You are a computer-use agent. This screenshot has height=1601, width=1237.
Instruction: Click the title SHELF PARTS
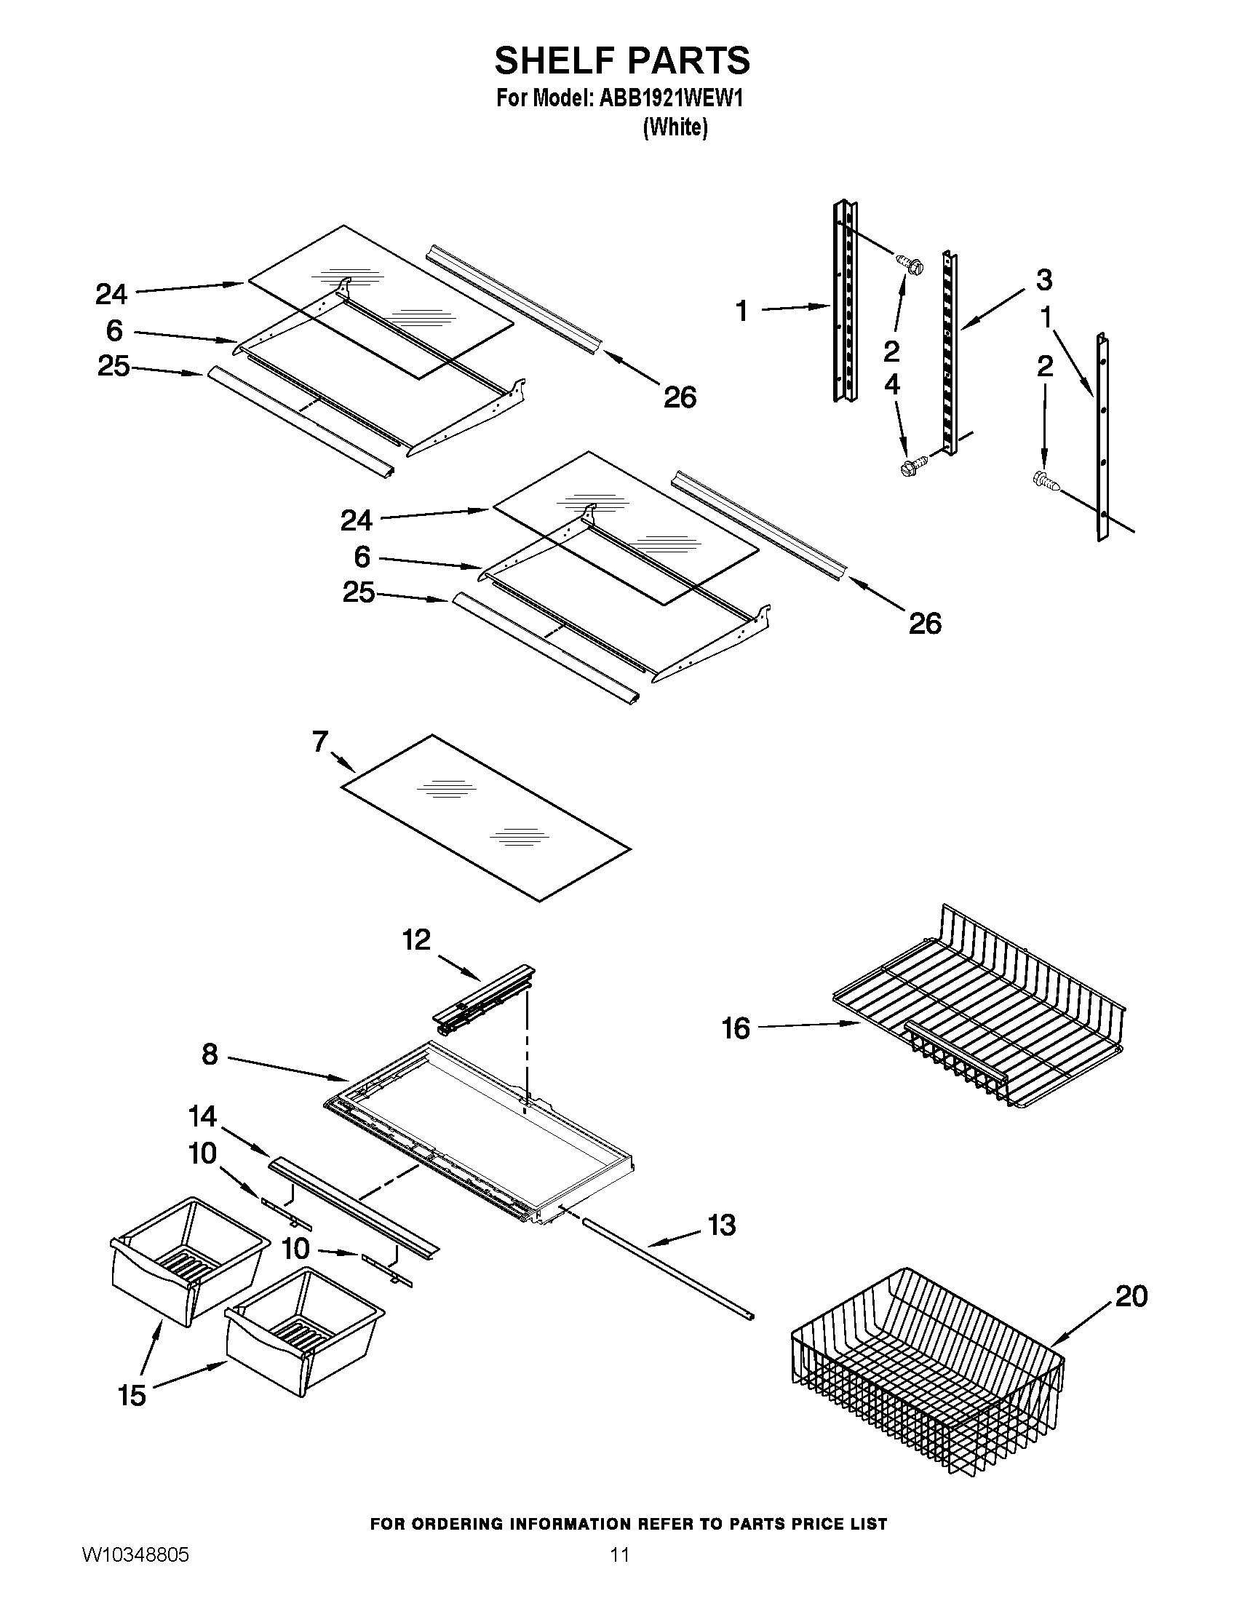tap(621, 60)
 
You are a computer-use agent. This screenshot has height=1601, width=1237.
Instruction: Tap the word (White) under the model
tap(675, 127)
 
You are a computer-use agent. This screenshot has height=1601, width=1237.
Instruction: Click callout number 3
tap(1043, 280)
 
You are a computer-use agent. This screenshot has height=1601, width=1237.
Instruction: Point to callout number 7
tap(320, 742)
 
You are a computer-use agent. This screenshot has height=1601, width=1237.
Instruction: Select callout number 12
tap(416, 939)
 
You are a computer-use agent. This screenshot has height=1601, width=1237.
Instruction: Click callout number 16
tap(736, 1028)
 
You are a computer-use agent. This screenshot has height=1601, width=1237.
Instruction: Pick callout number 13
tap(722, 1225)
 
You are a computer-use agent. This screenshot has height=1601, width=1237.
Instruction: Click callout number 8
tap(210, 1055)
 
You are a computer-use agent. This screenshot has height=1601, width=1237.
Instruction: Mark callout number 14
tap(202, 1116)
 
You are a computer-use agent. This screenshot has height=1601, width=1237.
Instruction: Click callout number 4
tap(892, 384)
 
